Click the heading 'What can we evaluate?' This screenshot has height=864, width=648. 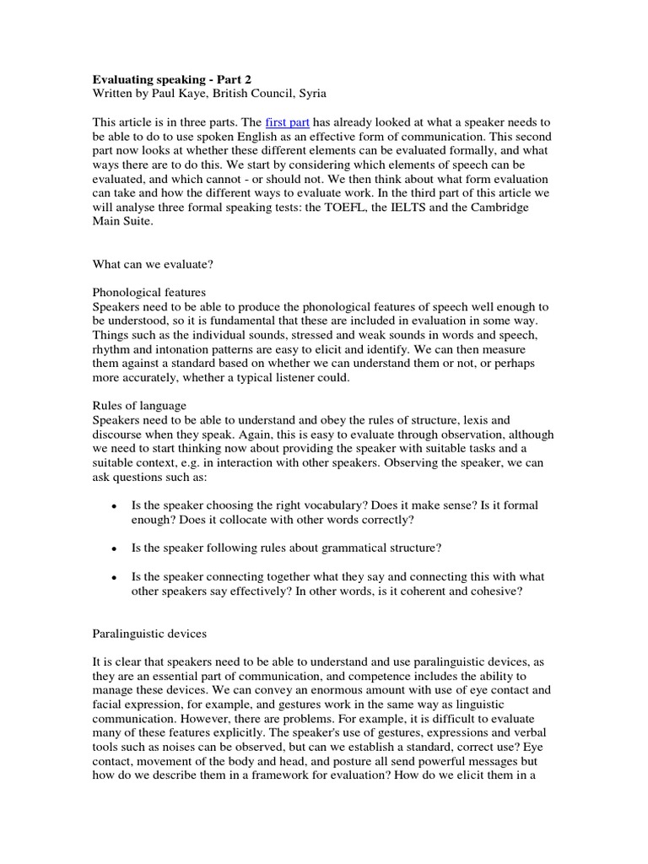pyautogui.click(x=153, y=264)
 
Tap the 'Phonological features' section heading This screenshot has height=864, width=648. pyautogui.click(x=149, y=293)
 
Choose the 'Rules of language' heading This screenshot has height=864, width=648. pyautogui.click(x=138, y=406)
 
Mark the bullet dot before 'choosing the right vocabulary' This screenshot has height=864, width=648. pyautogui.click(x=115, y=505)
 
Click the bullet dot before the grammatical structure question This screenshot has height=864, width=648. pyautogui.click(x=115, y=548)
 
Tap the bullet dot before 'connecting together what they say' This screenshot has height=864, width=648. pyautogui.click(x=115, y=578)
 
